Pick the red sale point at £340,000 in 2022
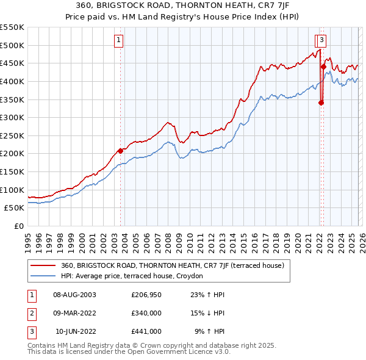coord(321,103)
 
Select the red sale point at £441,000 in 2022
coord(323,67)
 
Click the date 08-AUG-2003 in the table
coord(75,295)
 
